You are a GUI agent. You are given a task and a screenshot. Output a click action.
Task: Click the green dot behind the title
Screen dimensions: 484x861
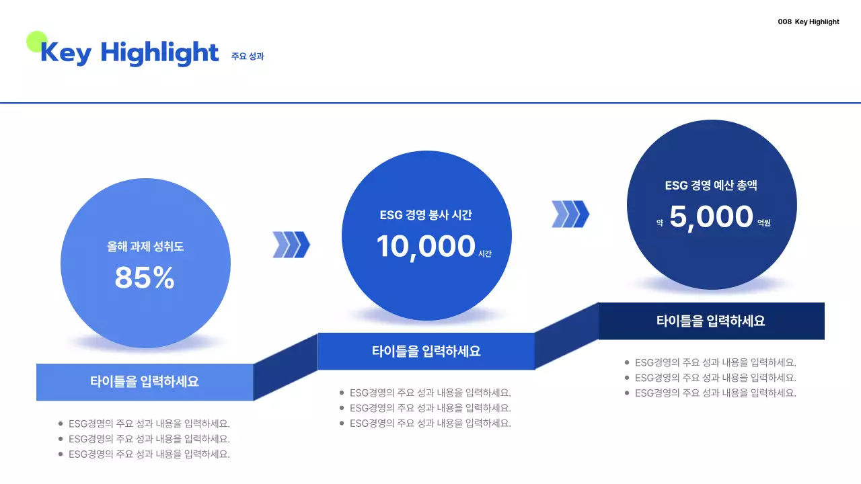(36, 42)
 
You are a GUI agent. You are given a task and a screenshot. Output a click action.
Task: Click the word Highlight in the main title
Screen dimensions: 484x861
(160, 53)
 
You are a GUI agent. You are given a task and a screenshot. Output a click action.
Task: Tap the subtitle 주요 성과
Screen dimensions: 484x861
(248, 56)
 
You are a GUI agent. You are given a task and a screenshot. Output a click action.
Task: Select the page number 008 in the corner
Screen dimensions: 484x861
(784, 22)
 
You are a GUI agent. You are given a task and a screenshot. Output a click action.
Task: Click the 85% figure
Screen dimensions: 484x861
(145, 277)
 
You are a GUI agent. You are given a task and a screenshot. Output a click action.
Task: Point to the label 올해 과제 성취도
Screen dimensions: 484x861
(145, 247)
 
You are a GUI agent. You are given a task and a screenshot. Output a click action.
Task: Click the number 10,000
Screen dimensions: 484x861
(426, 246)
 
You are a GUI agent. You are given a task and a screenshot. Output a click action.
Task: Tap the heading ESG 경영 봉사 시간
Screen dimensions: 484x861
(426, 215)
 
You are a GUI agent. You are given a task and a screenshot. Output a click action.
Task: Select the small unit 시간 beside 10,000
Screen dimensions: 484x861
(485, 254)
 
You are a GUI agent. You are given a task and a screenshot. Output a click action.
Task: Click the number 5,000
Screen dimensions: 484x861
(711, 216)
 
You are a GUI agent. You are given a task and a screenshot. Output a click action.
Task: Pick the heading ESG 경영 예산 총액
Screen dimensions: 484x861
(711, 186)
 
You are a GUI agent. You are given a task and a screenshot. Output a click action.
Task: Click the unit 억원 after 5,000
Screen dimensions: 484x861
(764, 223)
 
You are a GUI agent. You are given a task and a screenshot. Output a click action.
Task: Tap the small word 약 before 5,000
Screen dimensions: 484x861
(661, 223)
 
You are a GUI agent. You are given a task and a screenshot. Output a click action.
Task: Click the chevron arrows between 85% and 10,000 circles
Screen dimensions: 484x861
(291, 245)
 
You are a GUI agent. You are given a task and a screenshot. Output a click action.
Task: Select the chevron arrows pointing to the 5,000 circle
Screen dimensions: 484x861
(570, 214)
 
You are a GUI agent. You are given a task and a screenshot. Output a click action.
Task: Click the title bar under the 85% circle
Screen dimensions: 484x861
(145, 382)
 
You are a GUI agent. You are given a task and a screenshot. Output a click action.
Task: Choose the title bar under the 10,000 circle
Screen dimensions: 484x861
(426, 351)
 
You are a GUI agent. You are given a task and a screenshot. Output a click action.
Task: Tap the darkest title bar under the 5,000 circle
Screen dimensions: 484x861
(711, 321)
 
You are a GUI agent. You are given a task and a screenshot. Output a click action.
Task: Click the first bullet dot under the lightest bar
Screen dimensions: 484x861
(61, 424)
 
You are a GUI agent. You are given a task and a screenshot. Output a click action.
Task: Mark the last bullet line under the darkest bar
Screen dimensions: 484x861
(715, 393)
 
